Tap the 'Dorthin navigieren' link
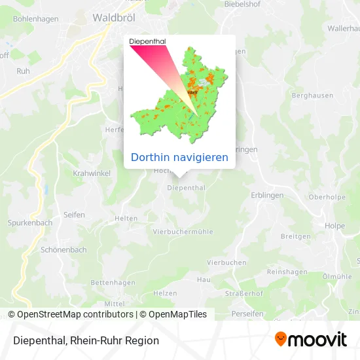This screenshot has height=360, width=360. click(179, 157)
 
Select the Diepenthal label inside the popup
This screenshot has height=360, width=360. click(147, 41)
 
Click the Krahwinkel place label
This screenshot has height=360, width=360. click(92, 173)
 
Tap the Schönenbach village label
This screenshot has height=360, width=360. click(63, 250)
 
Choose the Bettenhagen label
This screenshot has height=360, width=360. click(113, 283)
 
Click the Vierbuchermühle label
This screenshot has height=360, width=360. click(183, 232)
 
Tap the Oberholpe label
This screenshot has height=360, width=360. click(327, 196)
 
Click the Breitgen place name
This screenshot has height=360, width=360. click(295, 236)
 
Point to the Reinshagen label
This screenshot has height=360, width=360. click(287, 271)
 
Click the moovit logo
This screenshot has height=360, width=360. click(310, 339)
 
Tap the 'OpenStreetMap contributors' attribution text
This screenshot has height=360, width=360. click(75, 314)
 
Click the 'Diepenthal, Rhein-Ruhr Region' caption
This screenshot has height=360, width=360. click(84, 340)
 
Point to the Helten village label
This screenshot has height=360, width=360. click(126, 219)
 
